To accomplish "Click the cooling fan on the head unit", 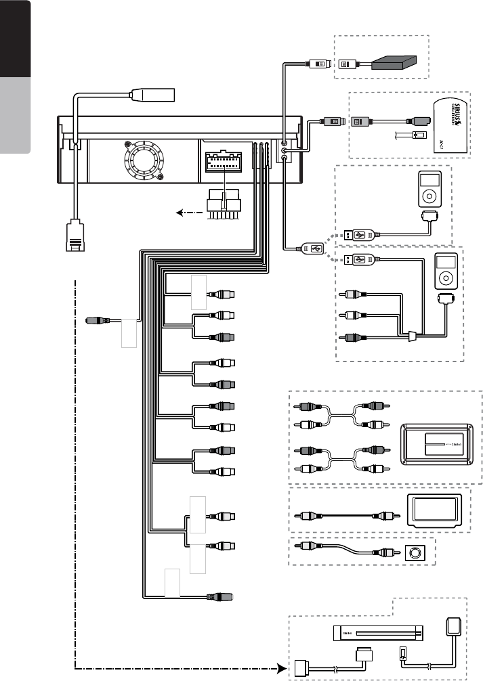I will (x=144, y=160).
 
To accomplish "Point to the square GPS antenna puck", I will (x=455, y=625).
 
